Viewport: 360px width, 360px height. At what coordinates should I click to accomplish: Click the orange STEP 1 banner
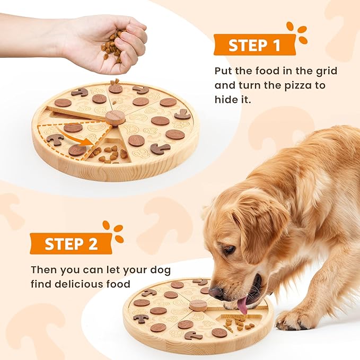point(254,46)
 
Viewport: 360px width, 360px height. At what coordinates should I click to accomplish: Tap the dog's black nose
point(216,292)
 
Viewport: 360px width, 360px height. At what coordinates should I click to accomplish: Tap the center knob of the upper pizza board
point(115,117)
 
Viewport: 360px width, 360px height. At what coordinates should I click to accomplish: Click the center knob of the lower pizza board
point(198,305)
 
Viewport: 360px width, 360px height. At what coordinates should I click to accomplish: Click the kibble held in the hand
point(112,45)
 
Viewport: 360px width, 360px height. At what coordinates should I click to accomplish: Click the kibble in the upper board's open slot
point(109,154)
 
